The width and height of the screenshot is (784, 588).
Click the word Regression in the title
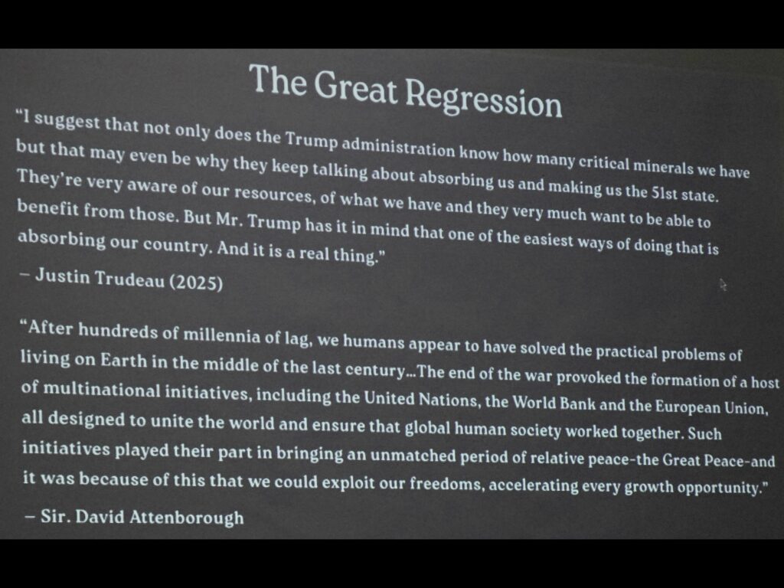point(483,99)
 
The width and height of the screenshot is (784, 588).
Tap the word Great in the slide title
point(355,86)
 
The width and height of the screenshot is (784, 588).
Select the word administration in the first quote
point(398,148)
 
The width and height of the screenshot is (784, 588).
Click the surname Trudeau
point(129,279)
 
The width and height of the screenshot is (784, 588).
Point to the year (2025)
point(196,282)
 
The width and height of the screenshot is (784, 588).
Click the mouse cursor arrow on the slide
point(723,285)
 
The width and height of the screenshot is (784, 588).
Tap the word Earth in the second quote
point(123,360)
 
